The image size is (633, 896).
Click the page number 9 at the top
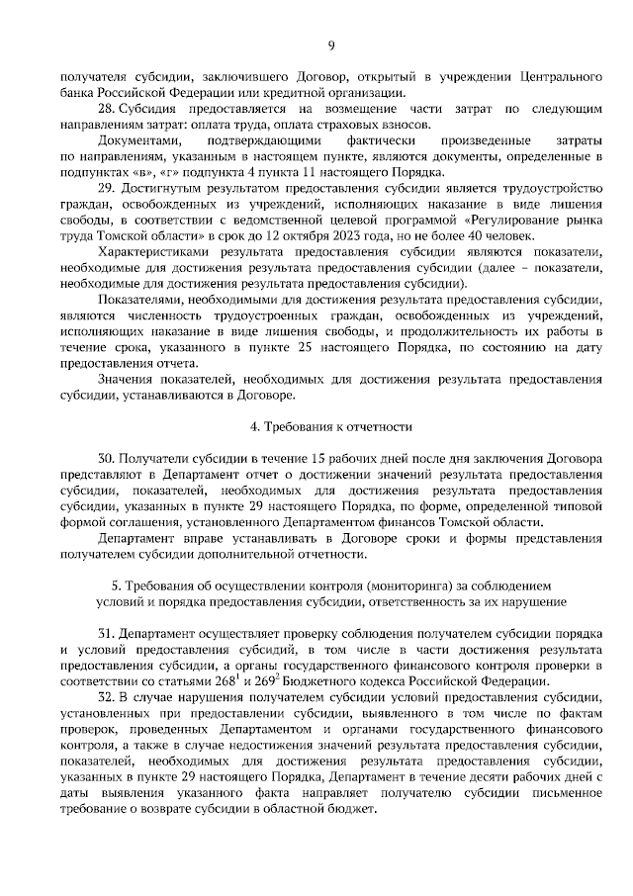tap(332, 45)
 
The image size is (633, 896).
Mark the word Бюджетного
tap(347, 681)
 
